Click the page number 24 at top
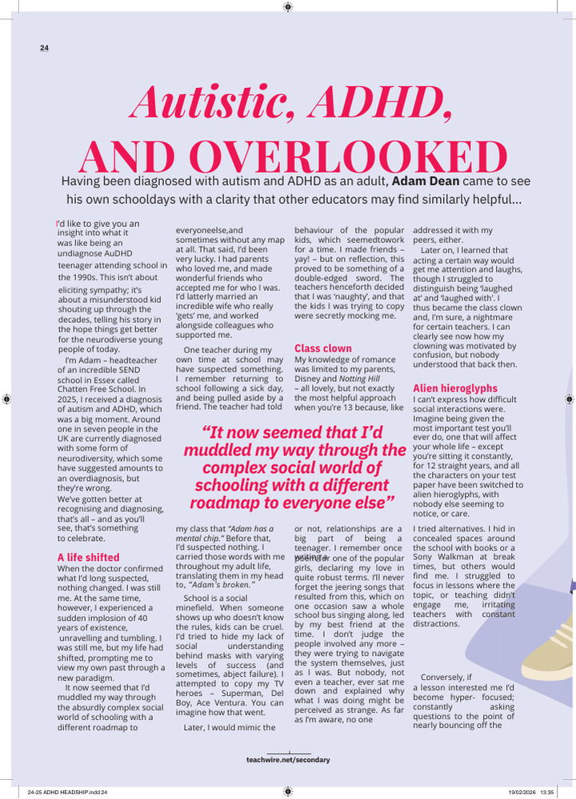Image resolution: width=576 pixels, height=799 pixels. [44, 48]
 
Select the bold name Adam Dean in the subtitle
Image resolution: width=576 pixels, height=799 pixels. [426, 181]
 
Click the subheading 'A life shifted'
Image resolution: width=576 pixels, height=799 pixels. [89, 557]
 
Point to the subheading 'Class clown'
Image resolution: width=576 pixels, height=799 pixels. [323, 348]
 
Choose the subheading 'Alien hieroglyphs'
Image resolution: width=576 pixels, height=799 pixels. [455, 388]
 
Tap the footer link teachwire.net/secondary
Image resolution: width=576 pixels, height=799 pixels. [288, 760]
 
